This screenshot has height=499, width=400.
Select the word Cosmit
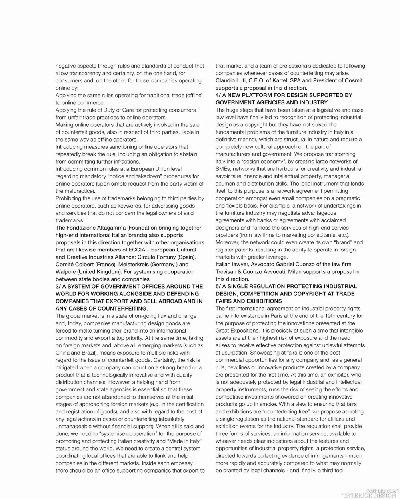[352, 80]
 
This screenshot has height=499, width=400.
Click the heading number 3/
[58, 286]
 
